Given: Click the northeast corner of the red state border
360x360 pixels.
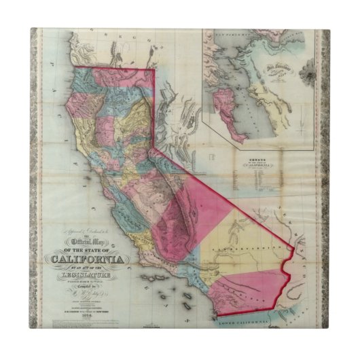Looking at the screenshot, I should pyautogui.click(x=154, y=70).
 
